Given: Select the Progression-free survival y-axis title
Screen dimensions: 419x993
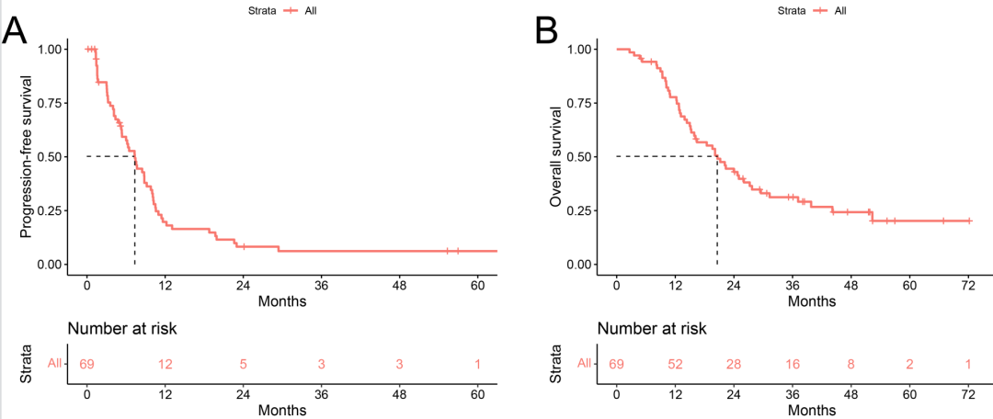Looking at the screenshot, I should click(28, 157).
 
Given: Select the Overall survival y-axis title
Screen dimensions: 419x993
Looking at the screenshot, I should click(556, 157).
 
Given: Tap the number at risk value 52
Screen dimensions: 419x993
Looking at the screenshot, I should click(675, 364).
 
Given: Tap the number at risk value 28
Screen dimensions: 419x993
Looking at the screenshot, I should click(733, 364).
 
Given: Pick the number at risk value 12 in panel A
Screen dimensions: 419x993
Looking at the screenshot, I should click(165, 364).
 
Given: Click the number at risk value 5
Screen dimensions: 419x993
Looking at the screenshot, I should click(244, 364).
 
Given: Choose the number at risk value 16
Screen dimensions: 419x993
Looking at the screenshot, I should click(792, 364).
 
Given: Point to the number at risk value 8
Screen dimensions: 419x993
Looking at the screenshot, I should click(850, 364).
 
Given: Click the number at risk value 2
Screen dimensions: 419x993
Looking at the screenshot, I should click(908, 364).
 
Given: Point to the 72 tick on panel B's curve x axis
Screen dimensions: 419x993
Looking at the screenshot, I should click(967, 285).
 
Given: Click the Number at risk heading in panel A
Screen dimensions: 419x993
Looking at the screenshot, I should click(122, 328).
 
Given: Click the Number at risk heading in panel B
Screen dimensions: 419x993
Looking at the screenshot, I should click(652, 328).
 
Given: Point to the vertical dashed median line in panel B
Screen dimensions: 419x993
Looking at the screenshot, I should click(717, 211).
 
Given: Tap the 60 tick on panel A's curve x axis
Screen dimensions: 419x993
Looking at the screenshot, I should click(478, 285).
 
